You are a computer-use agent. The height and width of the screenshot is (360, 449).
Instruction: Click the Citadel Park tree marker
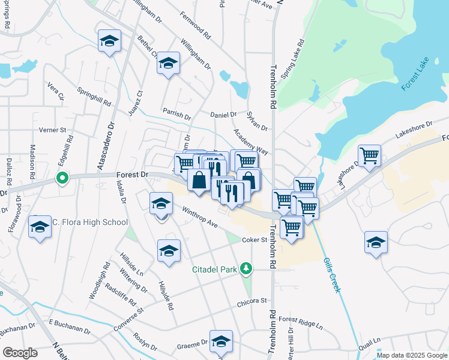tap(245, 268)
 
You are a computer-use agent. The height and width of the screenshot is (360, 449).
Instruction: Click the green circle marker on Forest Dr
tap(61, 178)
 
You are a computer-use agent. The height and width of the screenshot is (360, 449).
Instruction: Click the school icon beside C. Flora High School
tap(40, 227)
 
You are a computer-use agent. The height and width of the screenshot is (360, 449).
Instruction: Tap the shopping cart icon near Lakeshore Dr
tap(369, 155)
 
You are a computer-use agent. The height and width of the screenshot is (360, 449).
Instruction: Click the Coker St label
tap(254, 240)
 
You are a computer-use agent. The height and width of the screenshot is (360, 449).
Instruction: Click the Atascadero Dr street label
tap(110, 146)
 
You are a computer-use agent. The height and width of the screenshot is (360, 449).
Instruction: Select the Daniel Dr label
tap(224, 114)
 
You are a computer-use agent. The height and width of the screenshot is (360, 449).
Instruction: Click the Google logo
tap(20, 352)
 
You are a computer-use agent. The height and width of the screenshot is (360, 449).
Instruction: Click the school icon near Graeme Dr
tap(221, 341)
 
